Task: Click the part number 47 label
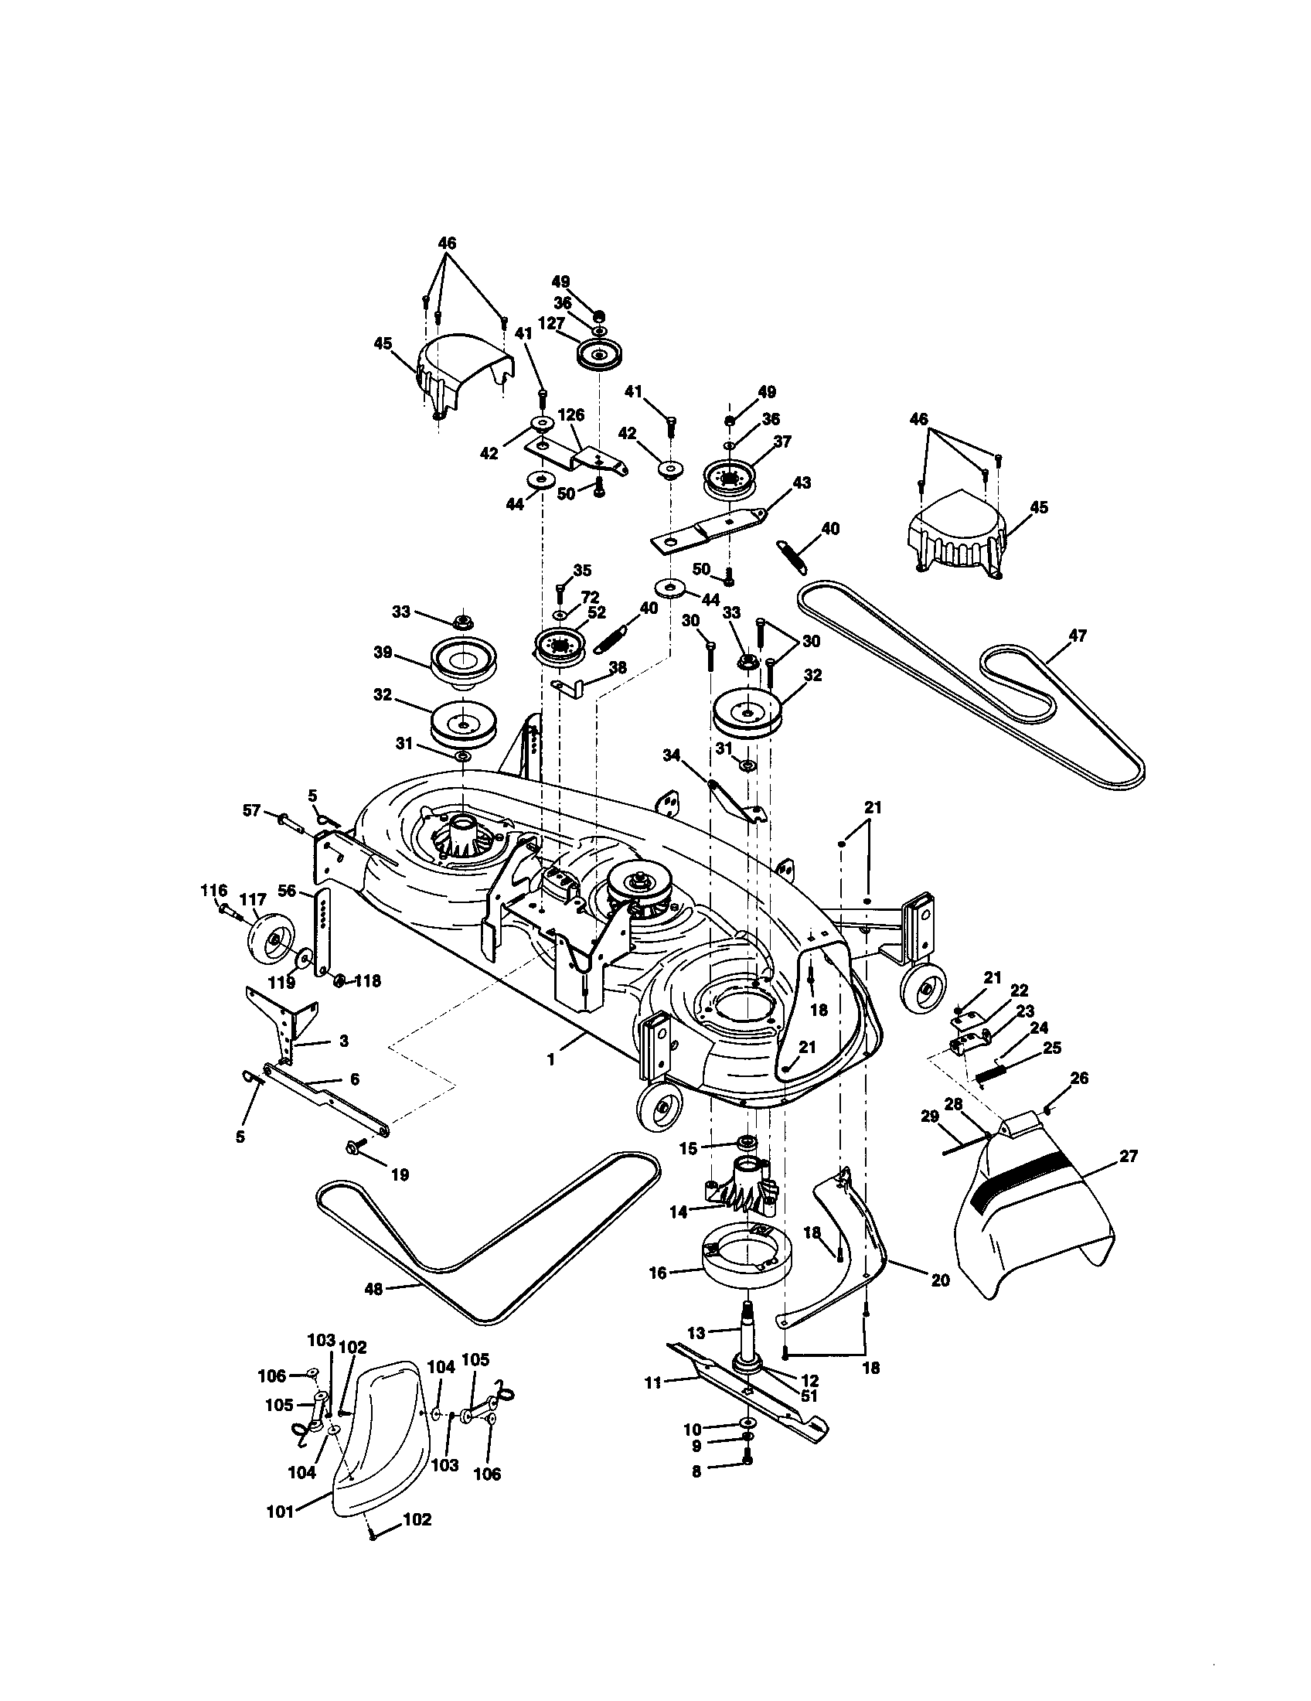[1077, 636]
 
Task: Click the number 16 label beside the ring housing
[658, 1273]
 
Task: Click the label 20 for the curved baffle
[941, 1279]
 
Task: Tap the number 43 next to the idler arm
[802, 483]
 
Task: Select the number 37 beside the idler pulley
[782, 441]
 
